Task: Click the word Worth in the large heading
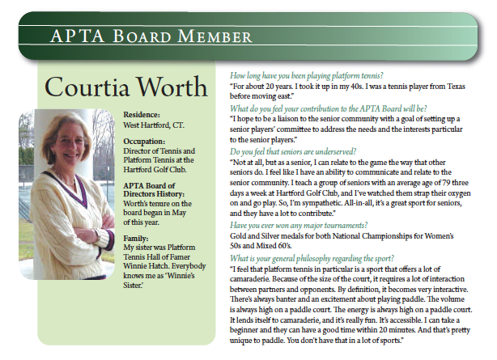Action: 176,87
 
